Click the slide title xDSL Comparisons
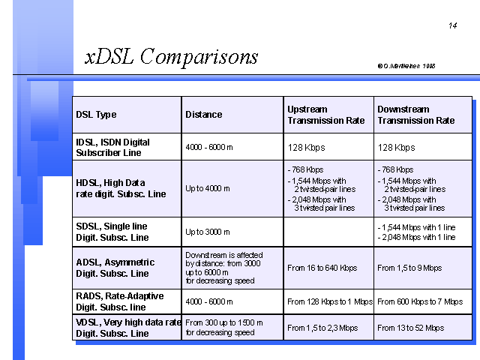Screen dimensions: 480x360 coord(172,57)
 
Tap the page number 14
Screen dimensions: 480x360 coord(453,25)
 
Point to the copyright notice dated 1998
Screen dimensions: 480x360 coord(406,66)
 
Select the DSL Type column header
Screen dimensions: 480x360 coord(96,115)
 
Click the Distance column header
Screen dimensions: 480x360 coord(203,115)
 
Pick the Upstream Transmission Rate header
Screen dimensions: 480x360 coord(326,115)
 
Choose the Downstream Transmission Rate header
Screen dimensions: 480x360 coord(416,115)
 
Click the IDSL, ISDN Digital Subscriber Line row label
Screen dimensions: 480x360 coord(112,147)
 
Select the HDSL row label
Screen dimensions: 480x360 coord(121,188)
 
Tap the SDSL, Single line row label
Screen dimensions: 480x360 coord(112,232)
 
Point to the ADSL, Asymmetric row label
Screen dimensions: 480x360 coord(115,268)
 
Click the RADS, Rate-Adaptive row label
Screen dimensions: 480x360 coord(120,301)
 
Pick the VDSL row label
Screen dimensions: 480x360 coord(128,328)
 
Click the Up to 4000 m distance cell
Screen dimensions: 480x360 coord(208,188)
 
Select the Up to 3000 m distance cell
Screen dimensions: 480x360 coord(208,232)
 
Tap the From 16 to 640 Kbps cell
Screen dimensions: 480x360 coord(322,268)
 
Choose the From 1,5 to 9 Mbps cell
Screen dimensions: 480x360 coord(409,268)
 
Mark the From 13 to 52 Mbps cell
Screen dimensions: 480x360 coord(410,328)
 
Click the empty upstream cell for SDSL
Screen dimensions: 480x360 coord(328,232)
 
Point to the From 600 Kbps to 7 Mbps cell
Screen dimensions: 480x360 coord(420,301)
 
